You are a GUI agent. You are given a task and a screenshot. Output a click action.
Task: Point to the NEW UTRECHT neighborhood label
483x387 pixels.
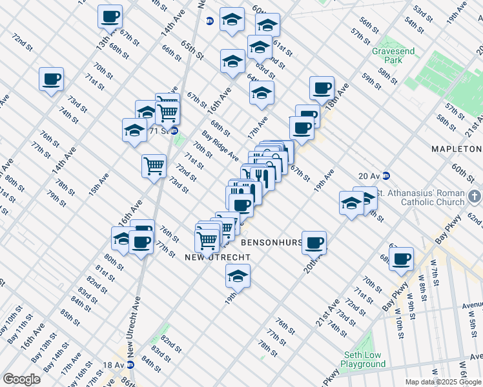click(217, 257)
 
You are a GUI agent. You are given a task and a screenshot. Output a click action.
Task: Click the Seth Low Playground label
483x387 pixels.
click(363, 359)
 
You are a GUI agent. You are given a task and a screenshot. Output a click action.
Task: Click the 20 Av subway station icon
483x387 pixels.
click(386, 175)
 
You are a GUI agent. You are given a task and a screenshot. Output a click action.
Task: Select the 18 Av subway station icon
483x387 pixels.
click(130, 364)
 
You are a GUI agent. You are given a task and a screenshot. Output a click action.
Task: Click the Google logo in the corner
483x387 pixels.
click(21, 379)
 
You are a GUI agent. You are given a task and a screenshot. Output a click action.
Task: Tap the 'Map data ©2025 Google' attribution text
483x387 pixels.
click(442, 382)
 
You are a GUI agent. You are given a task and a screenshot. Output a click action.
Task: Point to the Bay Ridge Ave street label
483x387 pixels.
click(220, 145)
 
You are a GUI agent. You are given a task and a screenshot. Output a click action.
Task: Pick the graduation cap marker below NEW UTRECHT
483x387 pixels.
click(238, 275)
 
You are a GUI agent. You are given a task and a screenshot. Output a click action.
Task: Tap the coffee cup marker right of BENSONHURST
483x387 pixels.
click(314, 242)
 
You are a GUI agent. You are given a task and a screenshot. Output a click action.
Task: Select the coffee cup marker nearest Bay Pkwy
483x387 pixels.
click(402, 258)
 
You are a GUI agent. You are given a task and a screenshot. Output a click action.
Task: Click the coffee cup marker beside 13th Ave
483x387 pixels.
click(110, 15)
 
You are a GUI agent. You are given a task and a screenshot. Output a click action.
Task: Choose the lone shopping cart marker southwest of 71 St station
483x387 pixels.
click(154, 166)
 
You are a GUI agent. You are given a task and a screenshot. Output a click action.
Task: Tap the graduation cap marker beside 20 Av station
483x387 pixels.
click(352, 203)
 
